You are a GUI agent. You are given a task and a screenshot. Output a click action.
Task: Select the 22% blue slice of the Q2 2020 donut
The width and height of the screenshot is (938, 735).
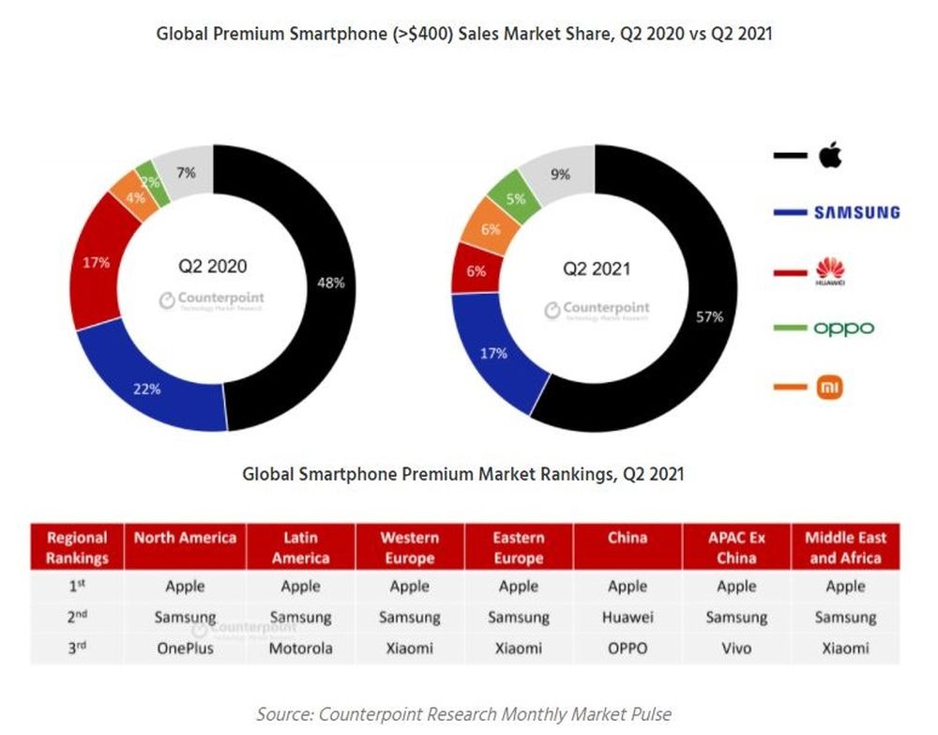coord(150,387)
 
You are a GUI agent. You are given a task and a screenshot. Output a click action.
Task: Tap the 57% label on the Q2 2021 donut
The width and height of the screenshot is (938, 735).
coord(709,317)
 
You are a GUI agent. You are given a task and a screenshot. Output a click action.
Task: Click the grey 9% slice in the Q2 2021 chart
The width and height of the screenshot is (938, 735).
coord(561,174)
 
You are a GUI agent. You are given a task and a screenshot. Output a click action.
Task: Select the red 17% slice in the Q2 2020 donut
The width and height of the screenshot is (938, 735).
coord(98,263)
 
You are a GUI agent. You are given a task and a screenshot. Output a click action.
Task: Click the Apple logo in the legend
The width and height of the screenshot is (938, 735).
coord(829,155)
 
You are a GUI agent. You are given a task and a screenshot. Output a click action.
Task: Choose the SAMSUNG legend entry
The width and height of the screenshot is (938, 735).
coord(856,212)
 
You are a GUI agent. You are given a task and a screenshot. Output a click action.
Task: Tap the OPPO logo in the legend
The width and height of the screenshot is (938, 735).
coord(842,329)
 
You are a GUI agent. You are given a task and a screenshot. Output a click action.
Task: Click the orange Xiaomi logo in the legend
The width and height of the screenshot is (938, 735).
coord(829,386)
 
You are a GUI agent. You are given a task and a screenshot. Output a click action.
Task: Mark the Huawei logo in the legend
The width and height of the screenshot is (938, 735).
coord(830,271)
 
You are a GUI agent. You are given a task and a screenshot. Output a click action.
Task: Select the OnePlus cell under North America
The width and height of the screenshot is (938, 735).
coord(185,648)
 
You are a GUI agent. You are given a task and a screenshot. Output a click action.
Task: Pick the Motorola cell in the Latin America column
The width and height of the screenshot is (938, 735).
coord(300,648)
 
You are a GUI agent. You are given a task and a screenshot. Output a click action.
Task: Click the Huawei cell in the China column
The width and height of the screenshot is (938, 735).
coord(627,618)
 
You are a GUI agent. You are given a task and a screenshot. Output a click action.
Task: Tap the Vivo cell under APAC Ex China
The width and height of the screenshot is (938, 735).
coord(736,648)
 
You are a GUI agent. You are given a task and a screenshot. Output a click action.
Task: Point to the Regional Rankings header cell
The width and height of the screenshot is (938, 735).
coord(78,547)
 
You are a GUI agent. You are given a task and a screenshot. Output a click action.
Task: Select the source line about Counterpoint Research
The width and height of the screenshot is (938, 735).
coord(464,714)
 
